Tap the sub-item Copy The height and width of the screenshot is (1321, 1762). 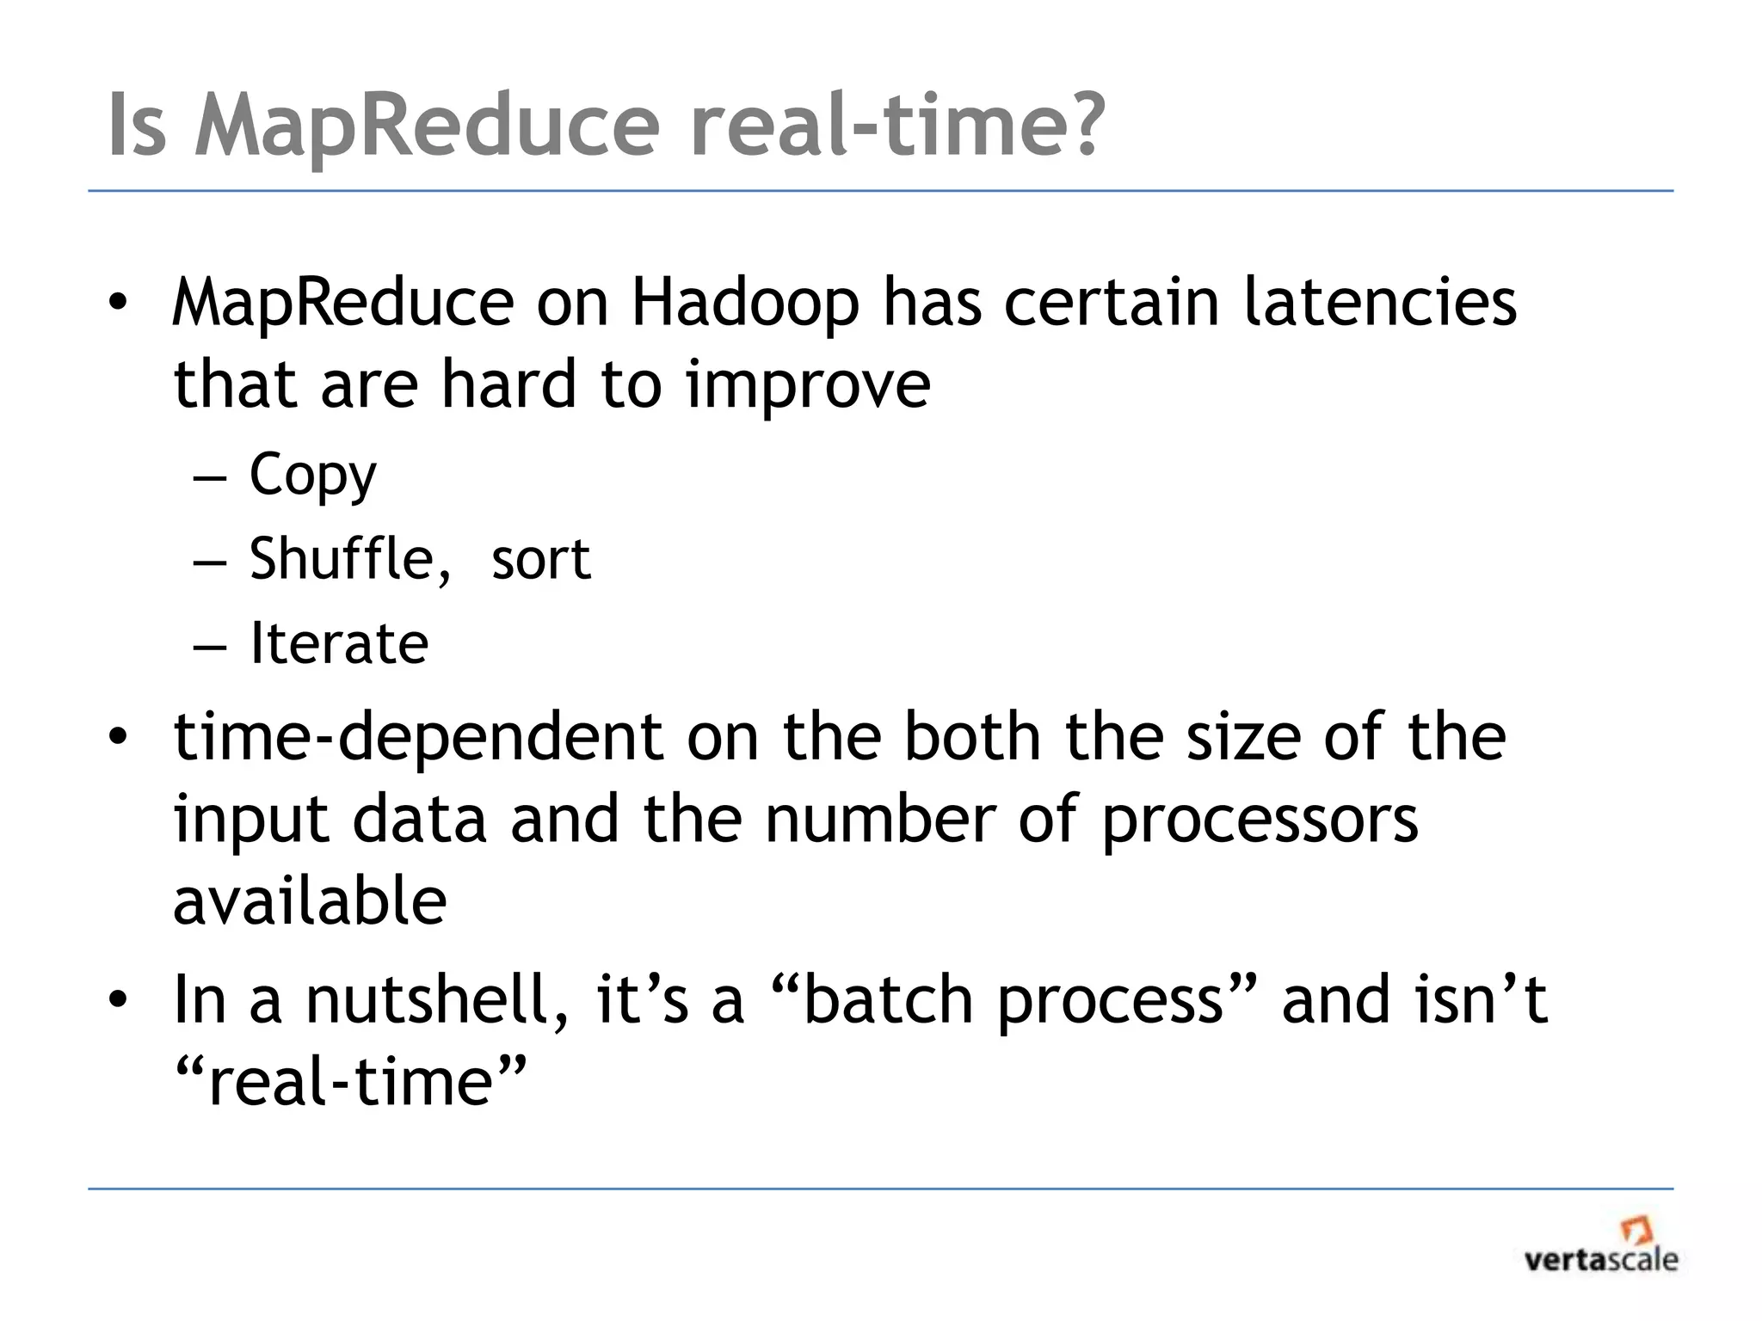(x=312, y=476)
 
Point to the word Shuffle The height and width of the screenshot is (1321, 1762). (x=349, y=559)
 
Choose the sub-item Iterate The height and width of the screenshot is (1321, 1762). (x=339, y=643)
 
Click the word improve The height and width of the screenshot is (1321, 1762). (x=808, y=385)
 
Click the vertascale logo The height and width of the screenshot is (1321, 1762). (x=1600, y=1246)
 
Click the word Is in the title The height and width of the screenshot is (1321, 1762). (x=137, y=125)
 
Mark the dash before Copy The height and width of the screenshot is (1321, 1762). (x=210, y=478)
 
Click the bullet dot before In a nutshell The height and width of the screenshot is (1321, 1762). (x=118, y=1000)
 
